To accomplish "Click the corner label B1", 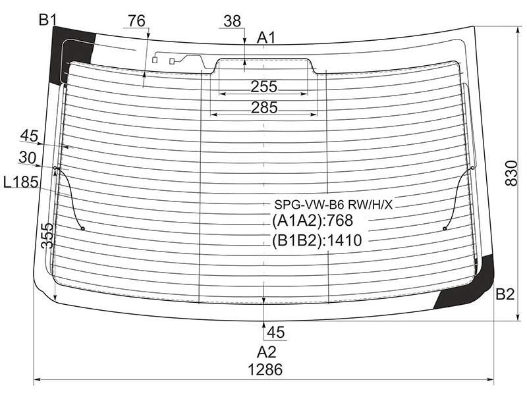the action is (x=47, y=20).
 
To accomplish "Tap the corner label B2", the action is (x=505, y=294).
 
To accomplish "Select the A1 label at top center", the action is (x=266, y=38).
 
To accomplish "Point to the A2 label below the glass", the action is (x=267, y=352).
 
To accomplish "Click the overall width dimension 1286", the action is (x=265, y=370).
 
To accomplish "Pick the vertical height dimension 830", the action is (x=512, y=173).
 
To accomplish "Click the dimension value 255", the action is (x=264, y=87).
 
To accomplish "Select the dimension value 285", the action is (x=265, y=108).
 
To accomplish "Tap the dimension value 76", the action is (x=136, y=21).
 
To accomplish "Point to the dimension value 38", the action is (x=233, y=21).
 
